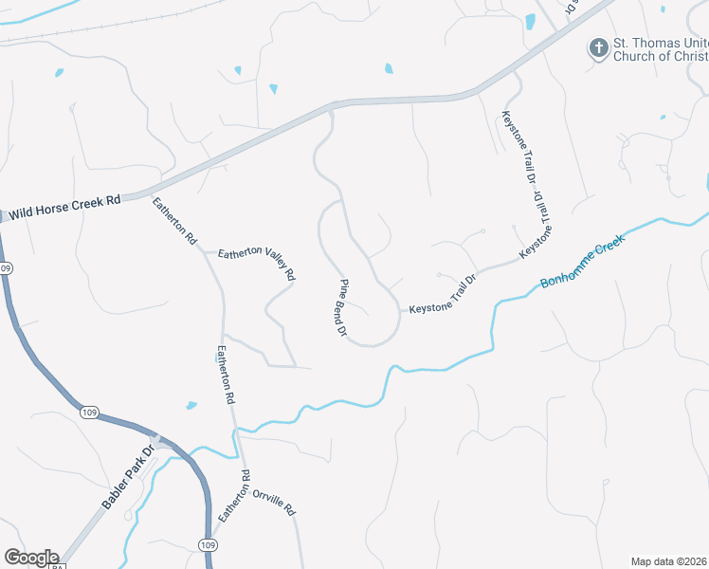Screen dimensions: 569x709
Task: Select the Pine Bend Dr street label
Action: [343, 308]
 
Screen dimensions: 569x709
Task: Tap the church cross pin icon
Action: [598, 47]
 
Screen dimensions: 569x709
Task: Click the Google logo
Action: [30, 558]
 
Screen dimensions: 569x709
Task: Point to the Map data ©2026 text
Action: [668, 560]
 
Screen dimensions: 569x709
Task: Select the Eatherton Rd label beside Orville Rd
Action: [233, 495]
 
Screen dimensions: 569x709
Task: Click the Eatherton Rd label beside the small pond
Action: [225, 376]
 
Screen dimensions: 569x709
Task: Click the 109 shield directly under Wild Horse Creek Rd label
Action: [6, 268]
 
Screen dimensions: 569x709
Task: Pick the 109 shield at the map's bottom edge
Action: [208, 543]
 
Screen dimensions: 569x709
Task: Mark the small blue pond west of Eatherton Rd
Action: [191, 406]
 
